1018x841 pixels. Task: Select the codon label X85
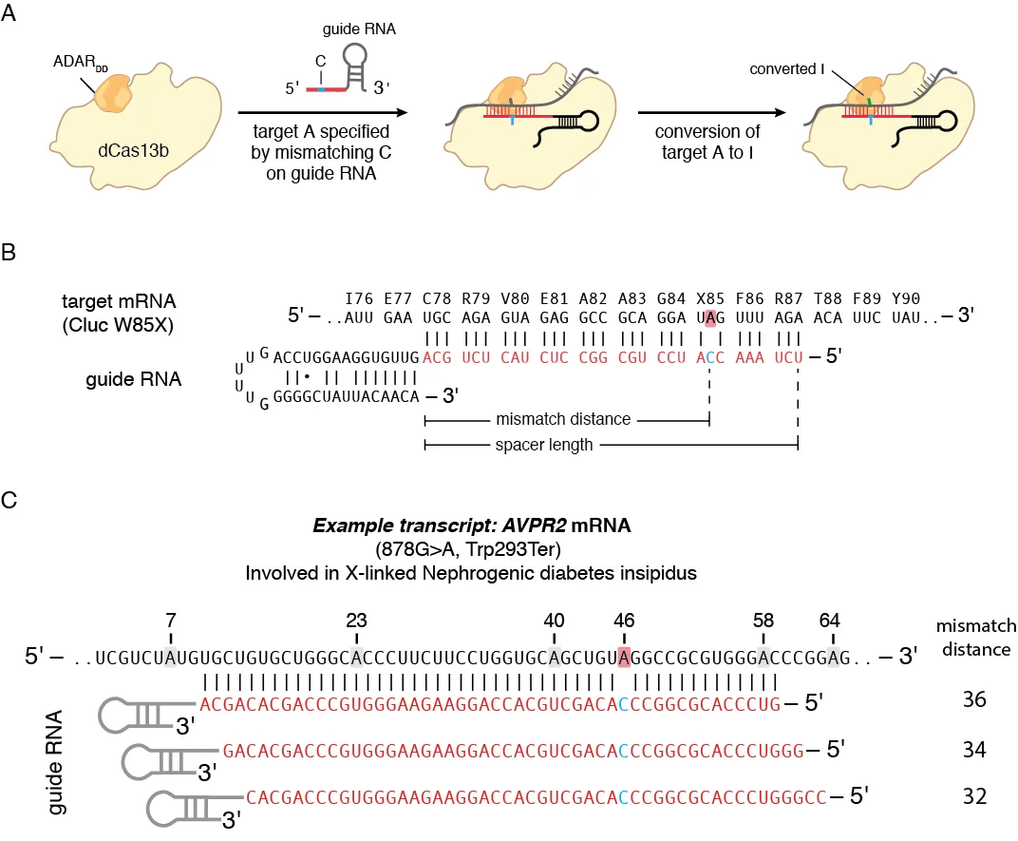[x=707, y=298]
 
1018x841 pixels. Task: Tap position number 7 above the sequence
[x=170, y=619]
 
